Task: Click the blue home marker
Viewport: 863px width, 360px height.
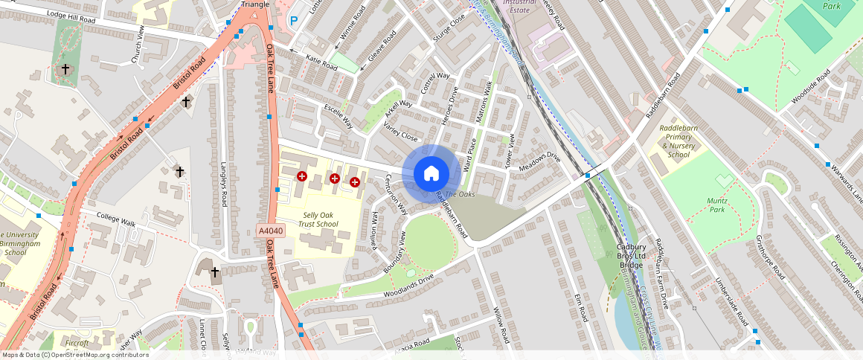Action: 431,173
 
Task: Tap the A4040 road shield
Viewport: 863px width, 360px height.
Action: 272,231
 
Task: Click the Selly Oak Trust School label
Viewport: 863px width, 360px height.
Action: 318,219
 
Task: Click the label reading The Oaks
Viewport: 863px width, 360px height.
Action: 460,194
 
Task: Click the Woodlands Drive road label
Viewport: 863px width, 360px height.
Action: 408,286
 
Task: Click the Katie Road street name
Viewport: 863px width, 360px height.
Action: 322,64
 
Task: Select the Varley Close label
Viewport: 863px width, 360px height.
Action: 400,132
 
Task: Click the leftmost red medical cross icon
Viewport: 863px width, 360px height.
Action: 302,176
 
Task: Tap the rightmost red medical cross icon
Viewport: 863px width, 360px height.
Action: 355,181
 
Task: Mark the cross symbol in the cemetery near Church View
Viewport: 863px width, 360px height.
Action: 65,69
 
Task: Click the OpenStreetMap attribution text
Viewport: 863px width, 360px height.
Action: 76,355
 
